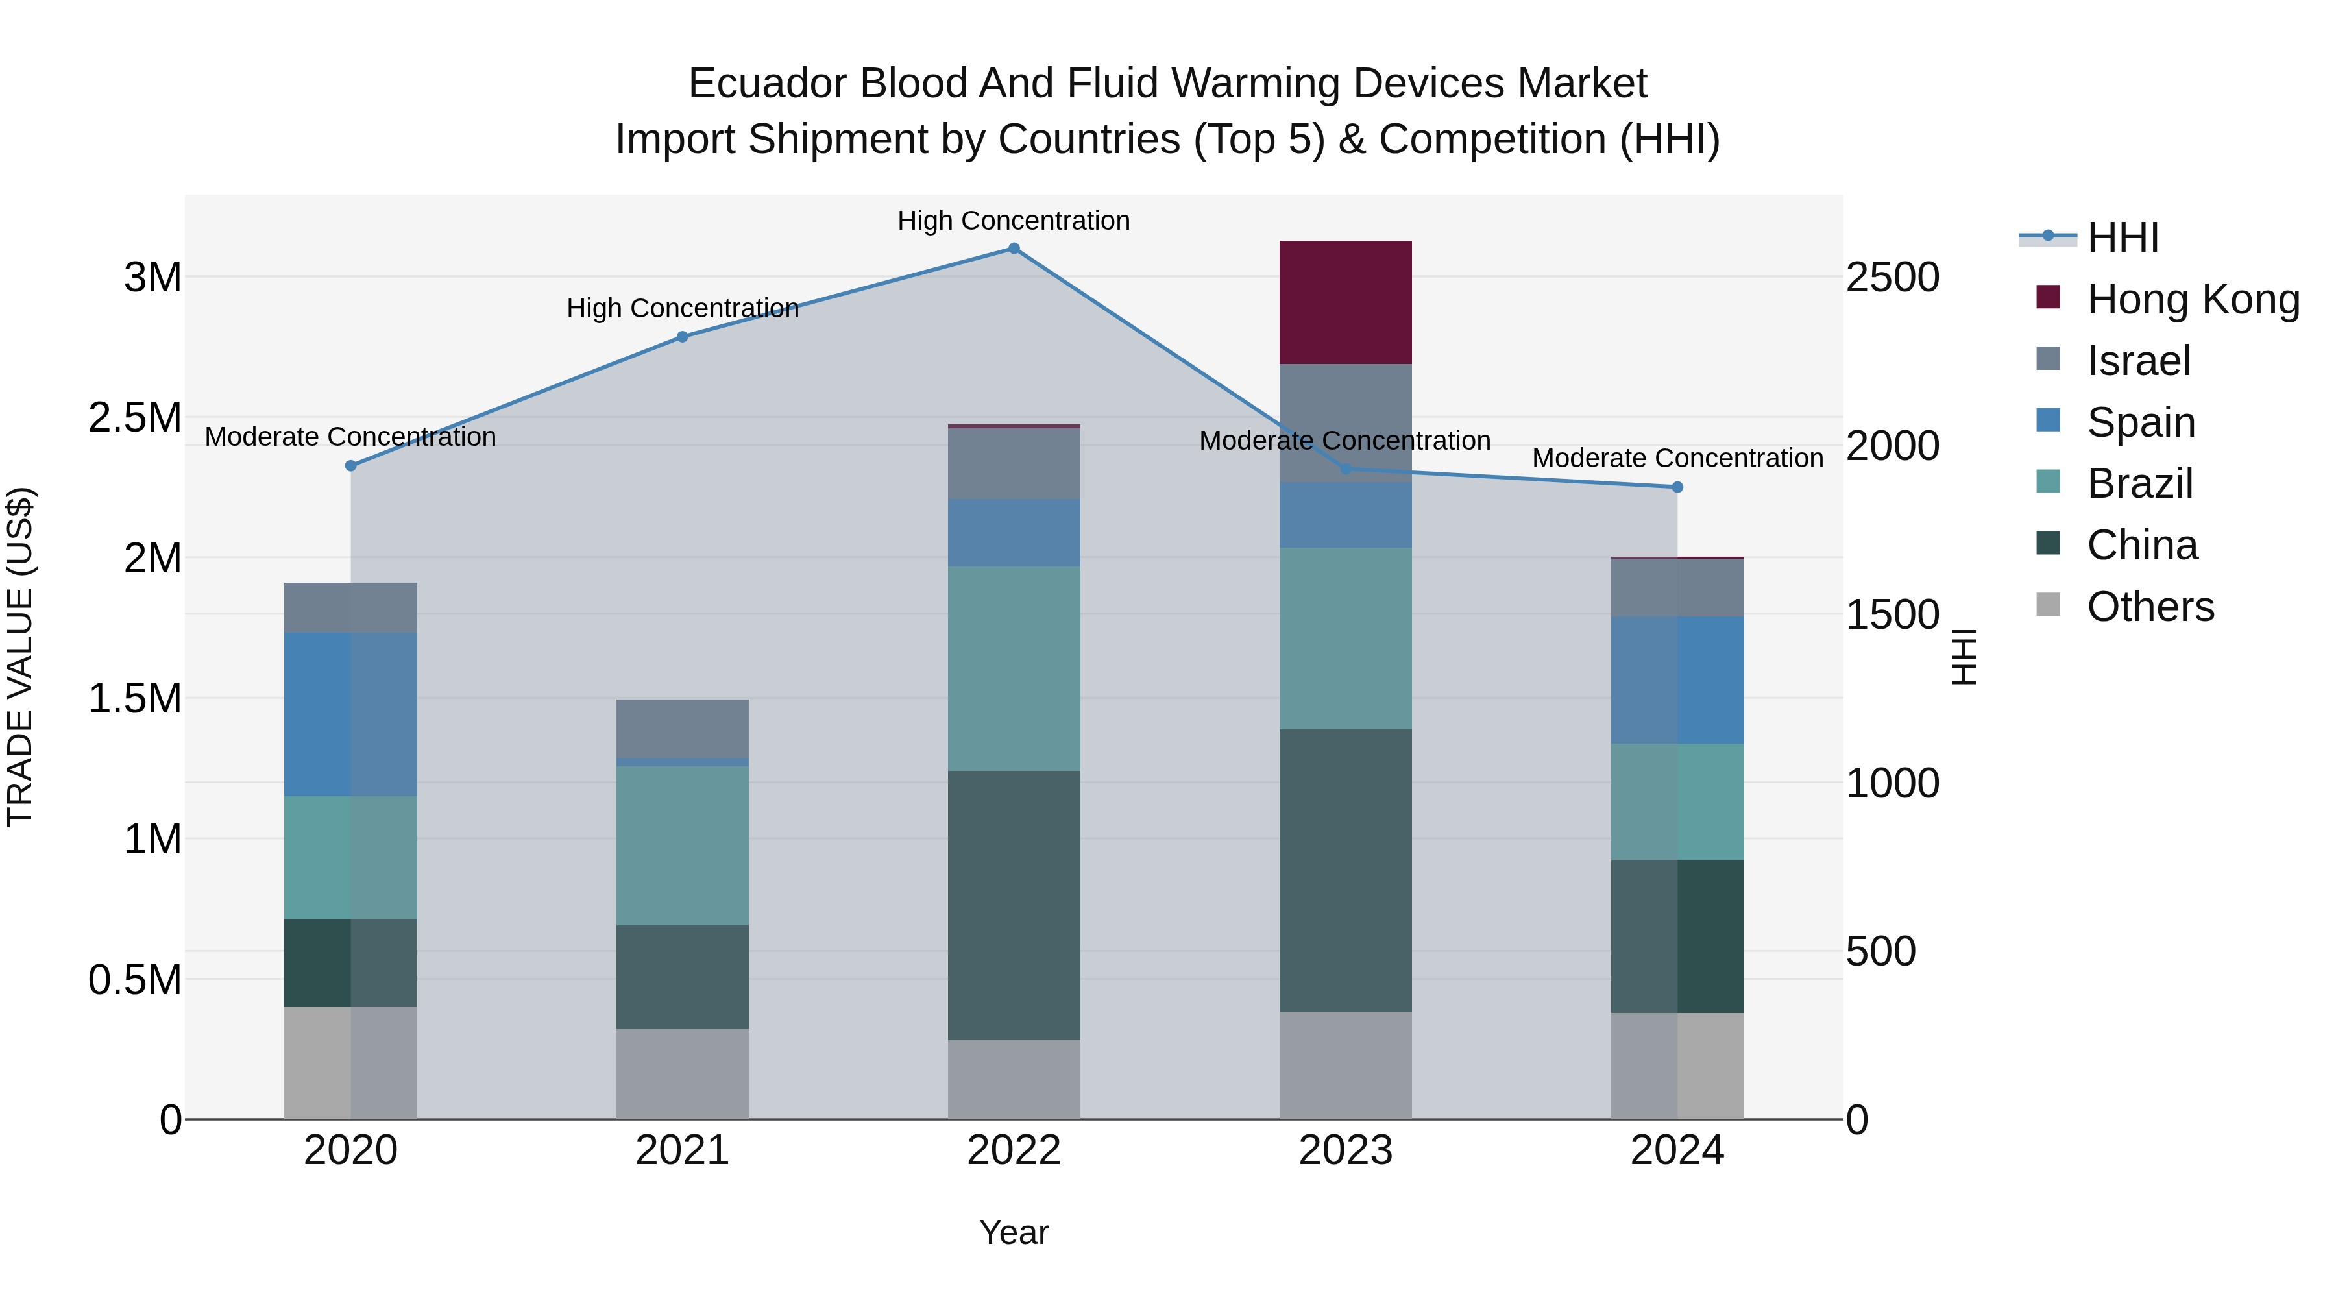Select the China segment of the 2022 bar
click(1014, 905)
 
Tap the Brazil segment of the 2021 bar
click(682, 845)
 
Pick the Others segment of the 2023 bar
click(1345, 1065)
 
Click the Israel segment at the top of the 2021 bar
click(682, 728)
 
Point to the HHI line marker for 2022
click(1014, 249)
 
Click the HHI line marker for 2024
click(1677, 487)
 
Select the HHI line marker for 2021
click(683, 336)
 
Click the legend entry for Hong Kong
click(2192, 299)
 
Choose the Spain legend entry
click(2140, 422)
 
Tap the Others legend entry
click(2149, 607)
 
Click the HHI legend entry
click(2122, 237)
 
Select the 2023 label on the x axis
click(1345, 1150)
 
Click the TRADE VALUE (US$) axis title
click(20, 657)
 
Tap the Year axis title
click(1014, 1232)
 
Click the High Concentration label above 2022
click(1013, 221)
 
